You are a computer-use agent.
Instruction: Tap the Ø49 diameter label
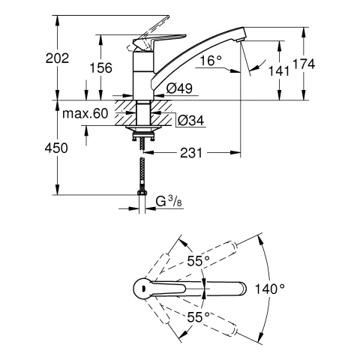click(180, 88)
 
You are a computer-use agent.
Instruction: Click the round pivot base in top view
click(141, 288)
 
